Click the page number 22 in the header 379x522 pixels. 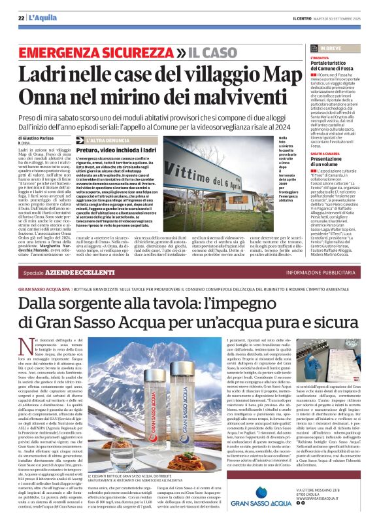[x=21, y=18]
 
